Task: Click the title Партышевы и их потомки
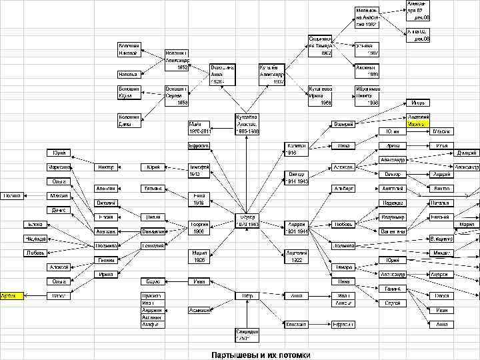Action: coord(261,354)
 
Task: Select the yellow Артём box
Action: coord(13,294)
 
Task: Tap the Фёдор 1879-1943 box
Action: coord(247,221)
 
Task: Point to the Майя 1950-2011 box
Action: coord(199,127)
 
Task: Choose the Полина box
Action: coord(11,195)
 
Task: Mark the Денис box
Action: coord(59,209)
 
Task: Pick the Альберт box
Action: coord(343,189)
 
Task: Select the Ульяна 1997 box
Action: coord(366,49)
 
